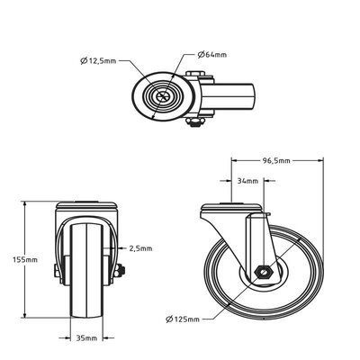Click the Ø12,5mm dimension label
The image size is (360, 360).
[98, 61]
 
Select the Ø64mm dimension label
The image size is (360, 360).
[211, 55]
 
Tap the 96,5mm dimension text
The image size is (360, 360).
[276, 161]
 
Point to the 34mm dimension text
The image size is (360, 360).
[247, 181]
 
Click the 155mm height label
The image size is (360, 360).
[25, 260]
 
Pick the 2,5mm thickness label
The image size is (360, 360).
[140, 248]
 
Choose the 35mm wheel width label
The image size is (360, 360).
[86, 338]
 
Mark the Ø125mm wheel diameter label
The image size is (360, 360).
[183, 319]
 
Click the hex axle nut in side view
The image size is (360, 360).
[263, 273]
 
